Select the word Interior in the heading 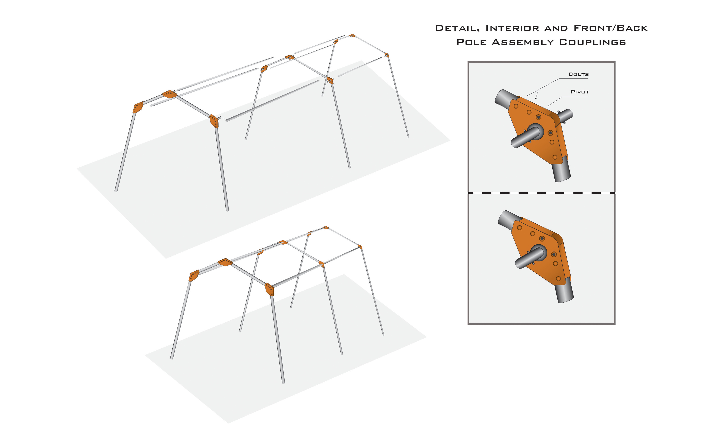[x=512, y=28]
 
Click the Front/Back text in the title [x=611, y=28]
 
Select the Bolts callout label [x=579, y=74]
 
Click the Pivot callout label [x=580, y=92]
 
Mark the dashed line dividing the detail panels [x=541, y=193]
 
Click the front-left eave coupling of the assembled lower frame [x=194, y=275]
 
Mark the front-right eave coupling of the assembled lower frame [x=269, y=289]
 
